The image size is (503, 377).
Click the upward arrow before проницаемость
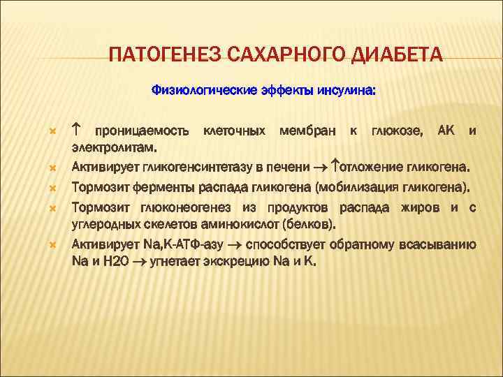(77, 130)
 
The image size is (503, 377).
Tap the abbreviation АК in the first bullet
(445, 131)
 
